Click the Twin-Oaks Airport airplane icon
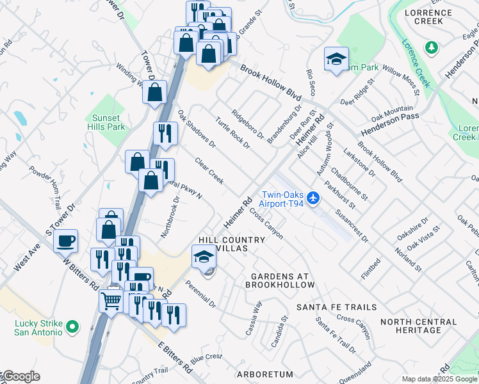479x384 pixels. coord(313,198)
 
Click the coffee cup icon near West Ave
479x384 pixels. coord(65,241)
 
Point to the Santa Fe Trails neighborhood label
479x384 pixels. coord(336,307)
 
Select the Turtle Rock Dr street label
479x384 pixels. coord(232,133)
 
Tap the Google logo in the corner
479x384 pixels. coord(20,376)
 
